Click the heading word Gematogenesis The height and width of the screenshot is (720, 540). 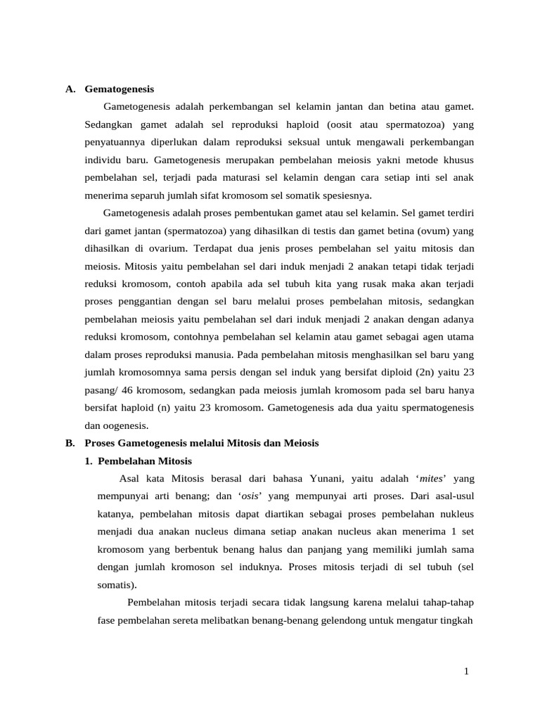119,89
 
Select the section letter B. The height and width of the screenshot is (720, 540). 70,443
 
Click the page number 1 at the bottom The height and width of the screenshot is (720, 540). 465,671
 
